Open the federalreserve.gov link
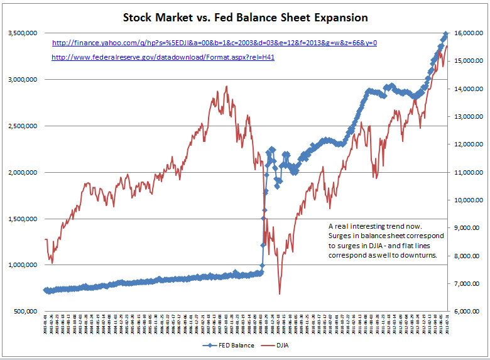click(x=163, y=57)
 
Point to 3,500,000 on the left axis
click(x=22, y=33)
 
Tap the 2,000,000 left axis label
click(x=22, y=172)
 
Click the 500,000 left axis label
click(x=26, y=311)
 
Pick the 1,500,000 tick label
click(x=22, y=219)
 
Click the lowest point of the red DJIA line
click(x=280, y=293)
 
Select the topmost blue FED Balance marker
click(x=445, y=34)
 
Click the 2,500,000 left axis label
click(x=22, y=126)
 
